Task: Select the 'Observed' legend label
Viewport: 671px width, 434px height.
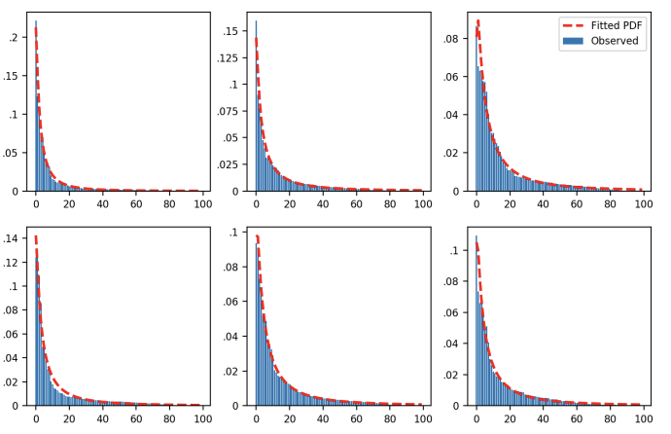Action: coord(615,41)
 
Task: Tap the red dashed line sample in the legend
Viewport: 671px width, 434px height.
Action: coord(572,25)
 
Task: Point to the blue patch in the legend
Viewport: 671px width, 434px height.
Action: coord(572,41)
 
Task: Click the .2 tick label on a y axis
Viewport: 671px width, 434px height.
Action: coord(14,37)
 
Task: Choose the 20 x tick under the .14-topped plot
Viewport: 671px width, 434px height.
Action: coord(69,419)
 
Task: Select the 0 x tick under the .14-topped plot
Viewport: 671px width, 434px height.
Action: coord(36,419)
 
